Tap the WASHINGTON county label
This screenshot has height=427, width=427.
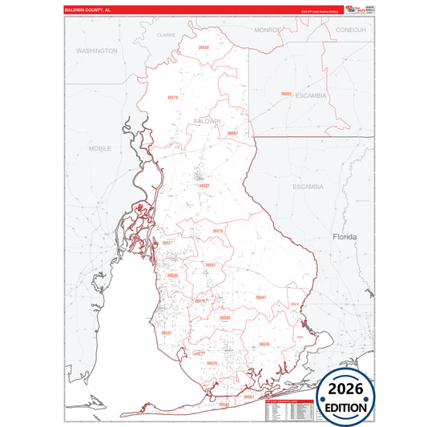pyautogui.click(x=96, y=50)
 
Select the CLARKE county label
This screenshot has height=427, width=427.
pyautogui.click(x=166, y=35)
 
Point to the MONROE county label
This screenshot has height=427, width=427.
pyautogui.click(x=268, y=30)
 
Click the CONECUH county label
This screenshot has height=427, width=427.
pyautogui.click(x=350, y=30)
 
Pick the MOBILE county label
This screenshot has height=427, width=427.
pyautogui.click(x=100, y=149)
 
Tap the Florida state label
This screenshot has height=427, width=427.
pyautogui.click(x=344, y=237)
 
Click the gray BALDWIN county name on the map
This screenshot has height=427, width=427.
pyautogui.click(x=207, y=121)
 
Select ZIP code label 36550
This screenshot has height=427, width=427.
pyautogui.click(x=204, y=48)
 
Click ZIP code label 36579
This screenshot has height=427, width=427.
pyautogui.click(x=172, y=98)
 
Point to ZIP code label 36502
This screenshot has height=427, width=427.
pyautogui.click(x=286, y=94)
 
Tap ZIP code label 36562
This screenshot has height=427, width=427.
pyautogui.click(x=232, y=133)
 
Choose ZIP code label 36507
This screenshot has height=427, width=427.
pyautogui.click(x=204, y=185)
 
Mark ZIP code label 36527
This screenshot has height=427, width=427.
pyautogui.click(x=167, y=243)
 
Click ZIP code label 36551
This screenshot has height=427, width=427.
pyautogui.click(x=210, y=264)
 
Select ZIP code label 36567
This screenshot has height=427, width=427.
pyautogui.click(x=260, y=297)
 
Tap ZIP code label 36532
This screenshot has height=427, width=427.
pyautogui.click(x=166, y=332)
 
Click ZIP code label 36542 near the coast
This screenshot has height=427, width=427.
pyautogui.click(x=224, y=405)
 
